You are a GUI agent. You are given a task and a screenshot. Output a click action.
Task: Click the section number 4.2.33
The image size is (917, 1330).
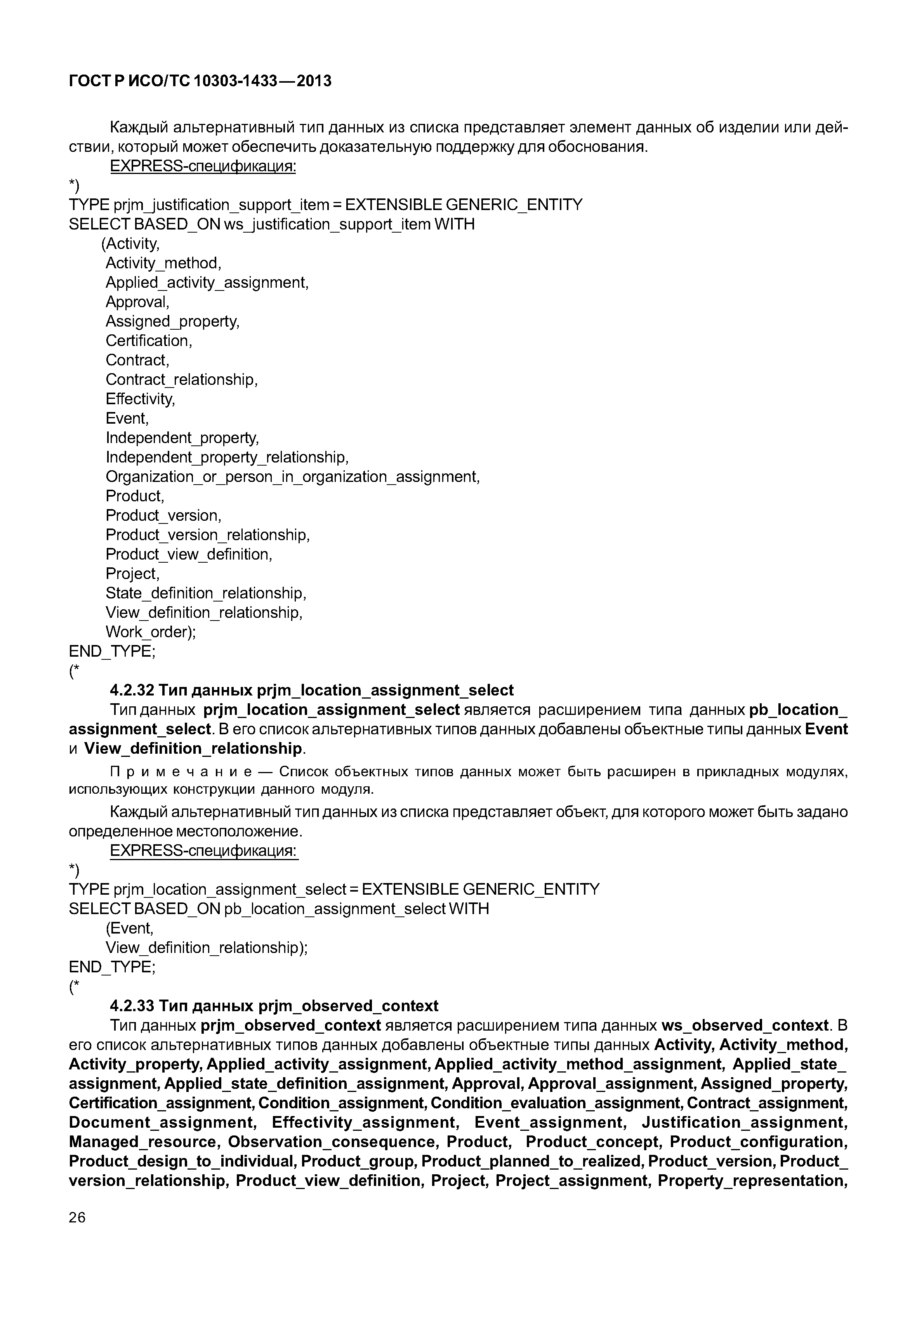click(132, 1006)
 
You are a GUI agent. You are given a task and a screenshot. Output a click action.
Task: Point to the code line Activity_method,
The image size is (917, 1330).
click(163, 263)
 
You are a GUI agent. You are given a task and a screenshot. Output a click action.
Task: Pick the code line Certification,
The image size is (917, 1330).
click(149, 341)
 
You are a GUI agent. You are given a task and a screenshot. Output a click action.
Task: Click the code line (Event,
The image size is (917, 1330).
click(130, 928)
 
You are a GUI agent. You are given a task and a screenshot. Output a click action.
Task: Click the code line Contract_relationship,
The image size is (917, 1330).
click(182, 379)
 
